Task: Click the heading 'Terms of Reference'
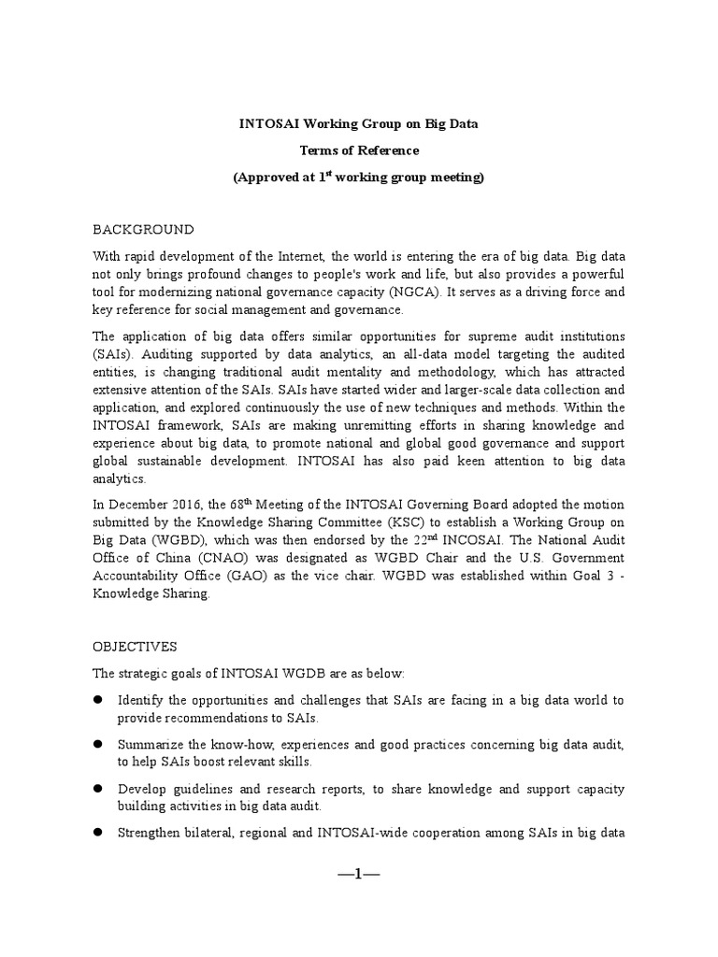(x=359, y=150)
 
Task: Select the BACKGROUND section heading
(x=142, y=229)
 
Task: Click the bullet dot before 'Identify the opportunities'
(x=96, y=700)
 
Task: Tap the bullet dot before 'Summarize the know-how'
(x=96, y=744)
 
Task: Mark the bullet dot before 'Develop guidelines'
(x=96, y=789)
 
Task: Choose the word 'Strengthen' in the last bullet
(x=149, y=833)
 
